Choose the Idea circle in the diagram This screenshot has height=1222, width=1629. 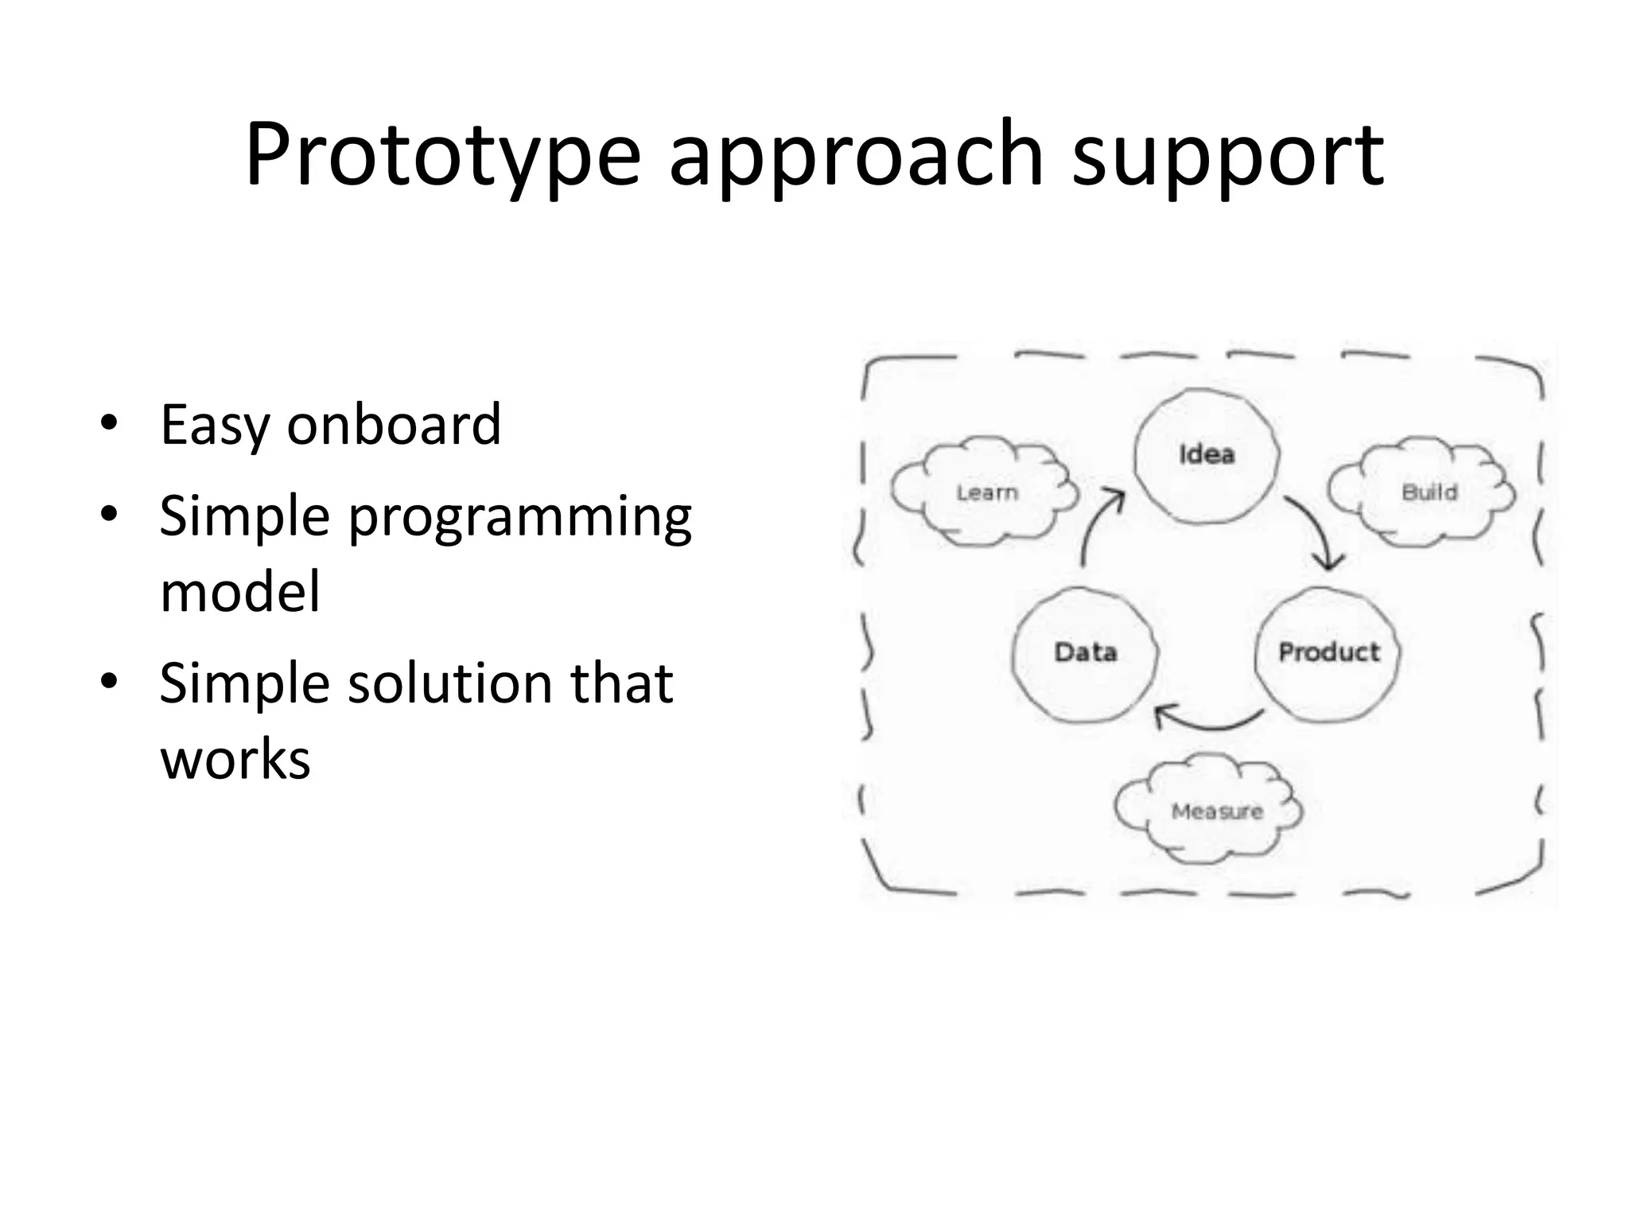point(1206,455)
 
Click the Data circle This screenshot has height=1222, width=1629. point(1085,653)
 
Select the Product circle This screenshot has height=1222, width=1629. point(1328,653)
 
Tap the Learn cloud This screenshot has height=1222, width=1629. point(986,492)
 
